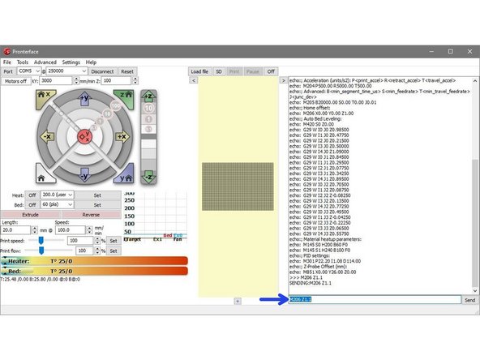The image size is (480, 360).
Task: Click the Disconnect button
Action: [x=102, y=71]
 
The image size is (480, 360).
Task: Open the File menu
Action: [x=7, y=62]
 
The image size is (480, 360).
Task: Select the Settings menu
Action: [x=71, y=62]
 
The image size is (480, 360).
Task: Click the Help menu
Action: [x=91, y=62]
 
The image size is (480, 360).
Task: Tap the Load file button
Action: [x=200, y=71]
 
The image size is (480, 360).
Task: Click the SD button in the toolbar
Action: [x=219, y=71]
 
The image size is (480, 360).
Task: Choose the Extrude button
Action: [x=30, y=215]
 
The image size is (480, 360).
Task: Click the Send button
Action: [x=469, y=300]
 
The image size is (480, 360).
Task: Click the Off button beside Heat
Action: [x=32, y=195]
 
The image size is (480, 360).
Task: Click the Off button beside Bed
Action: [x=32, y=205]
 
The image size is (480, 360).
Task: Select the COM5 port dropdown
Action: [x=29, y=71]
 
